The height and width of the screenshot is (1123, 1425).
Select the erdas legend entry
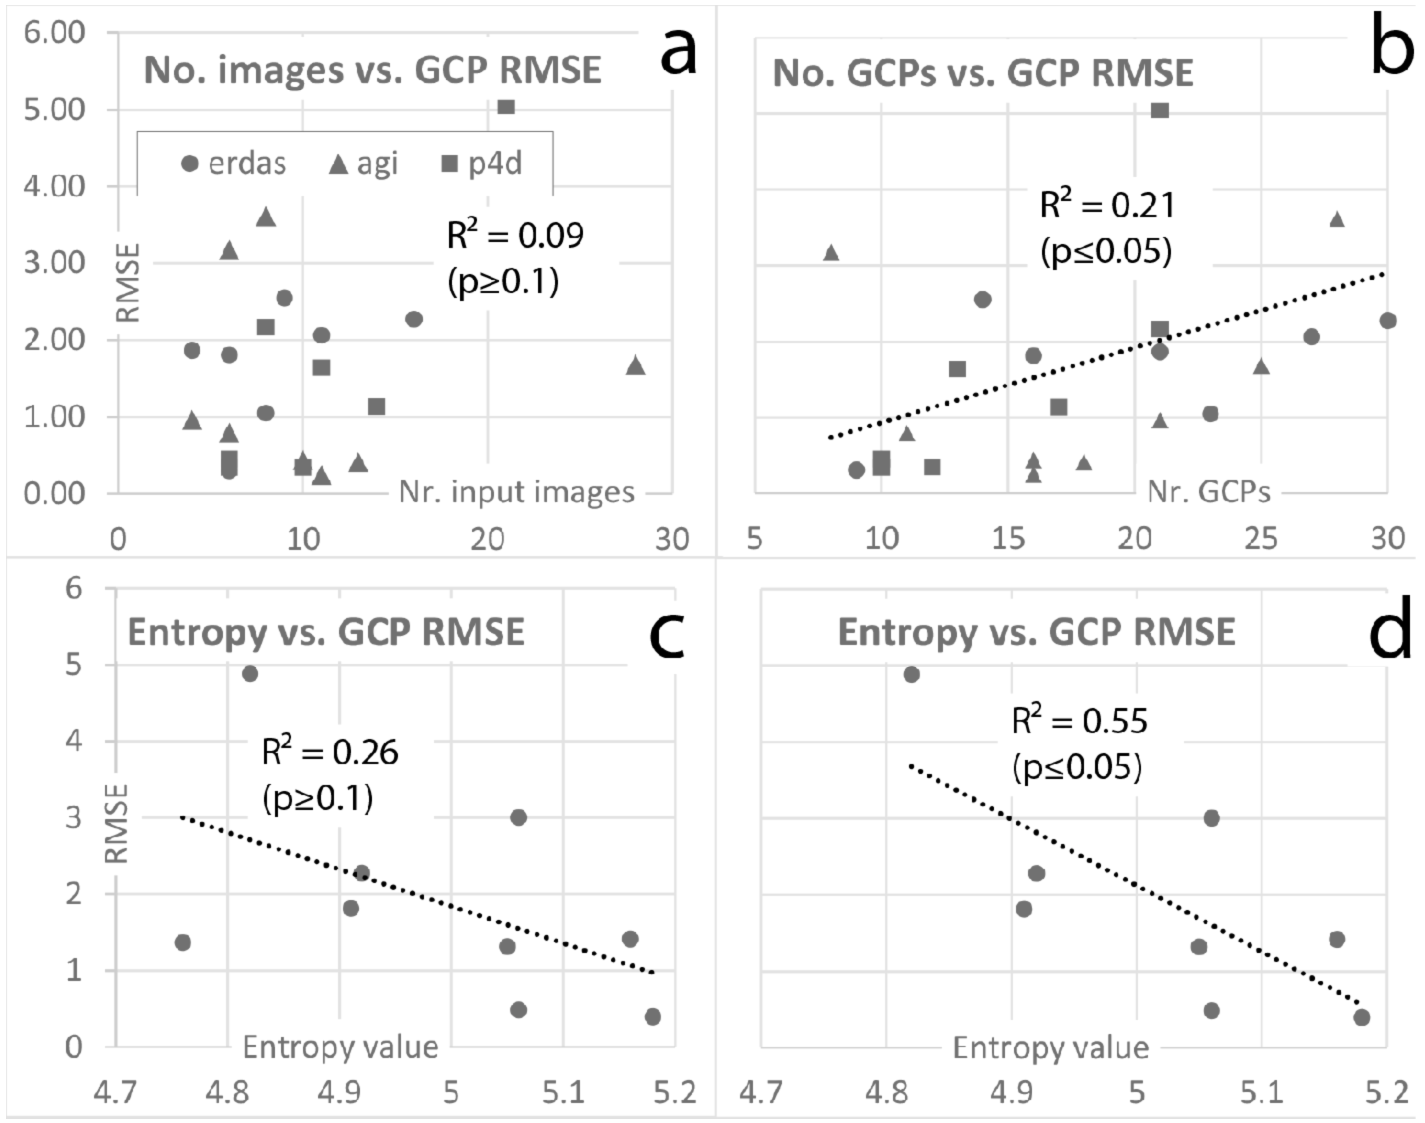[233, 163]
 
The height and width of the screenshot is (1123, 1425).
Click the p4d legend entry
[481, 163]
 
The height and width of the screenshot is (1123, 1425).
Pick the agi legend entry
[363, 163]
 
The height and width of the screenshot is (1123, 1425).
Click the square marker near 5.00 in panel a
[505, 107]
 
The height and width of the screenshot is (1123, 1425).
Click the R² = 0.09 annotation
[515, 235]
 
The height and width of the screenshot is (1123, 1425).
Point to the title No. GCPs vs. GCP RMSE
[982, 72]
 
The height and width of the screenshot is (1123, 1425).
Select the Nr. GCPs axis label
[1208, 492]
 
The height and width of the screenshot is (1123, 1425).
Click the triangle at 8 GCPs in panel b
[831, 252]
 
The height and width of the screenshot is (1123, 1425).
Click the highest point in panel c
[250, 674]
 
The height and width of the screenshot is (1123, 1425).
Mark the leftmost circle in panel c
[183, 942]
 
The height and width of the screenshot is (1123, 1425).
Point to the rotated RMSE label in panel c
[117, 823]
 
